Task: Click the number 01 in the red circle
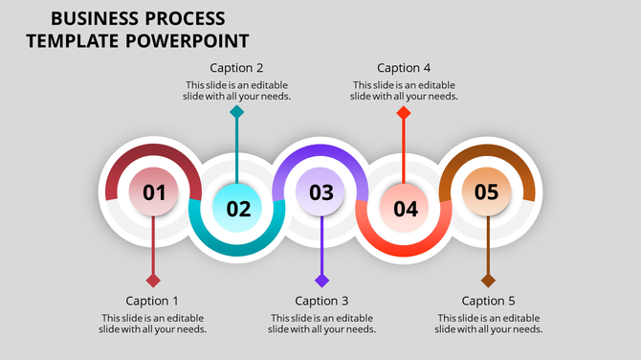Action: (154, 192)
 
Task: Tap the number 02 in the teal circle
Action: (238, 208)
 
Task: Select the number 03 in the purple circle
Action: (321, 192)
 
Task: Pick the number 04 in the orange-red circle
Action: (405, 208)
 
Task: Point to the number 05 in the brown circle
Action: (487, 192)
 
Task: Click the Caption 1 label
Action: (152, 301)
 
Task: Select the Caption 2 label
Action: (237, 68)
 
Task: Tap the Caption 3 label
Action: (321, 301)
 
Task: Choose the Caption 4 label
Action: (404, 68)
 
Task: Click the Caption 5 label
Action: (488, 301)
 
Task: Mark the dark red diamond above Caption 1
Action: (153, 281)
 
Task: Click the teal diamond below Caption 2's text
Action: (237, 112)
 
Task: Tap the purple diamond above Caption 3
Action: (322, 281)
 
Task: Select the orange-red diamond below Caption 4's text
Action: (404, 112)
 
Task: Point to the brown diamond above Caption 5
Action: (488, 281)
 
